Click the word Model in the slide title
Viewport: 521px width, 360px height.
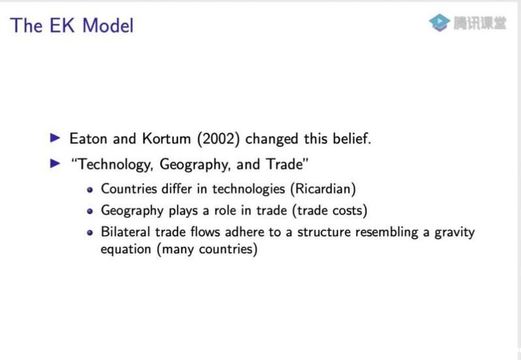click(108, 25)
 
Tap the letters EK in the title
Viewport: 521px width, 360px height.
click(62, 25)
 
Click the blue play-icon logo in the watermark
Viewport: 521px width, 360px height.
click(439, 23)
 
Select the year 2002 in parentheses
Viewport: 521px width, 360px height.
click(218, 139)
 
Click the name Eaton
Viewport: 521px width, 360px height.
click(89, 139)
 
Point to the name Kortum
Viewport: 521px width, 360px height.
click(166, 139)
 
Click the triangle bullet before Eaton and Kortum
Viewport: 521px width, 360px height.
click(55, 138)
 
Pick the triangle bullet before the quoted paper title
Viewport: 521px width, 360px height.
click(55, 164)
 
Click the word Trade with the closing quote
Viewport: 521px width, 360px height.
click(287, 164)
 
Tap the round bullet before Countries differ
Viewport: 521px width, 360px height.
click(90, 190)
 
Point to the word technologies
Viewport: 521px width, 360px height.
click(248, 189)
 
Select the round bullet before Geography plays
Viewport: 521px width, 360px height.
click(90, 211)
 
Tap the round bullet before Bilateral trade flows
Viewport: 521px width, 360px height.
click(90, 233)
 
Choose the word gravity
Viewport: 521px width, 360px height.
click(454, 232)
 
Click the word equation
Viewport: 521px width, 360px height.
click(126, 249)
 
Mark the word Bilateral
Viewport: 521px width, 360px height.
click(126, 232)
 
